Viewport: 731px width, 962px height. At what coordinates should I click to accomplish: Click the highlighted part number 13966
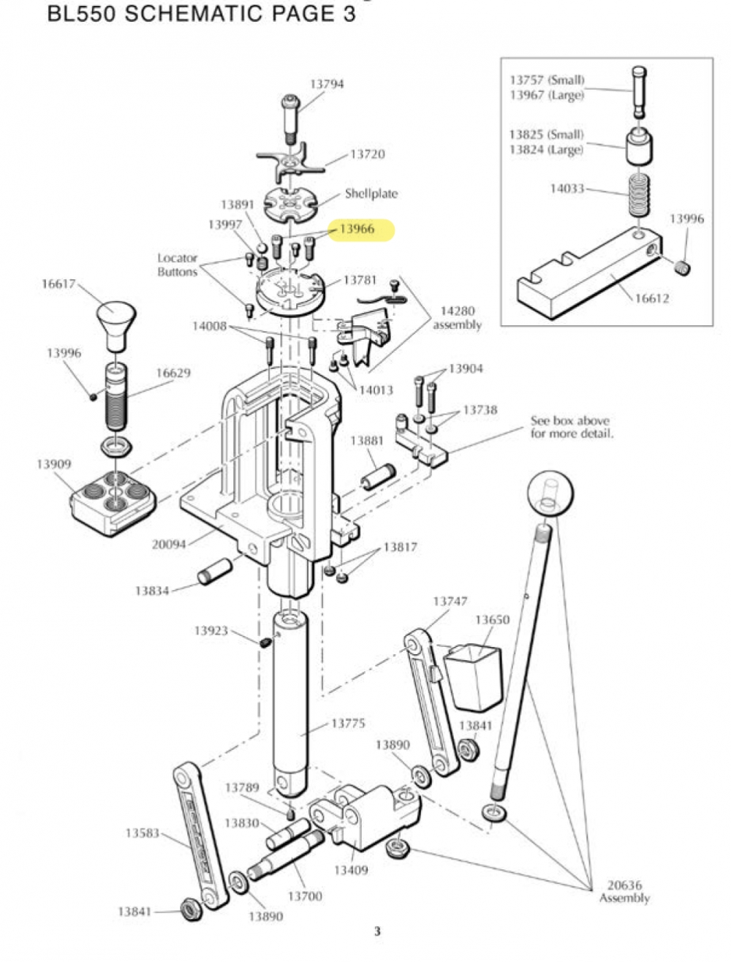coord(357,229)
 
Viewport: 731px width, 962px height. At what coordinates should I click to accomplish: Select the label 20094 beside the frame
coord(169,544)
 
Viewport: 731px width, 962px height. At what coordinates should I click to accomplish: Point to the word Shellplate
coord(371,194)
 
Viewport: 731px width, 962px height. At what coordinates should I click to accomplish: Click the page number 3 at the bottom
coord(377,931)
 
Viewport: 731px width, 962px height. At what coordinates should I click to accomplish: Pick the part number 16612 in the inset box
coord(651,298)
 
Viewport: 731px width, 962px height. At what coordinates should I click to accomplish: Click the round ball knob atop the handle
coord(550,494)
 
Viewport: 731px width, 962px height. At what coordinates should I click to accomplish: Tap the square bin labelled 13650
coord(474,675)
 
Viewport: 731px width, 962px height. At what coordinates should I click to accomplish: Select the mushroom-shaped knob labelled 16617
coord(115,322)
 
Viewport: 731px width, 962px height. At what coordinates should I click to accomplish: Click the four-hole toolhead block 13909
coord(113,500)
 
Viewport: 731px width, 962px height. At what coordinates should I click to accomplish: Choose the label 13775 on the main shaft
coord(348,724)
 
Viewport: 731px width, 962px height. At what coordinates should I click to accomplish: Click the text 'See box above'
coord(570,421)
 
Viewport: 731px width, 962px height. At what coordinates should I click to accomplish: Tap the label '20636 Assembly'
coord(624,892)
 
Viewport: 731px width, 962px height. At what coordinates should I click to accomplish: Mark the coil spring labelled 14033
coord(640,195)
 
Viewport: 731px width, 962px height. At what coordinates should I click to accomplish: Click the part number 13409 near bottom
coord(351,870)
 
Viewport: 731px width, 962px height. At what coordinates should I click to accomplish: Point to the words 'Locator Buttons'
coord(178,265)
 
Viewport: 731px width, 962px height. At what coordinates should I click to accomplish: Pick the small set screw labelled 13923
coord(266,643)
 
